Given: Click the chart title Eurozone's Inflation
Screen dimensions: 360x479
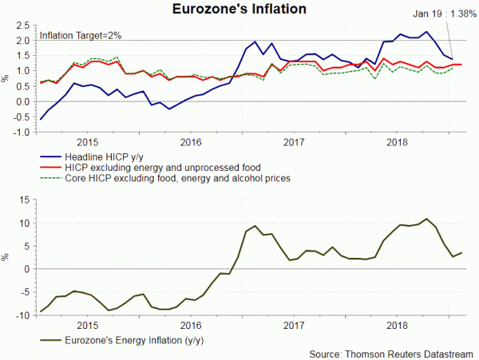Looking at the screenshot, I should [240, 10].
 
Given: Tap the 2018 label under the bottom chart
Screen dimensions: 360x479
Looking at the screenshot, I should [398, 325].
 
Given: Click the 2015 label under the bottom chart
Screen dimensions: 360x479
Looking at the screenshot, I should [88, 325].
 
